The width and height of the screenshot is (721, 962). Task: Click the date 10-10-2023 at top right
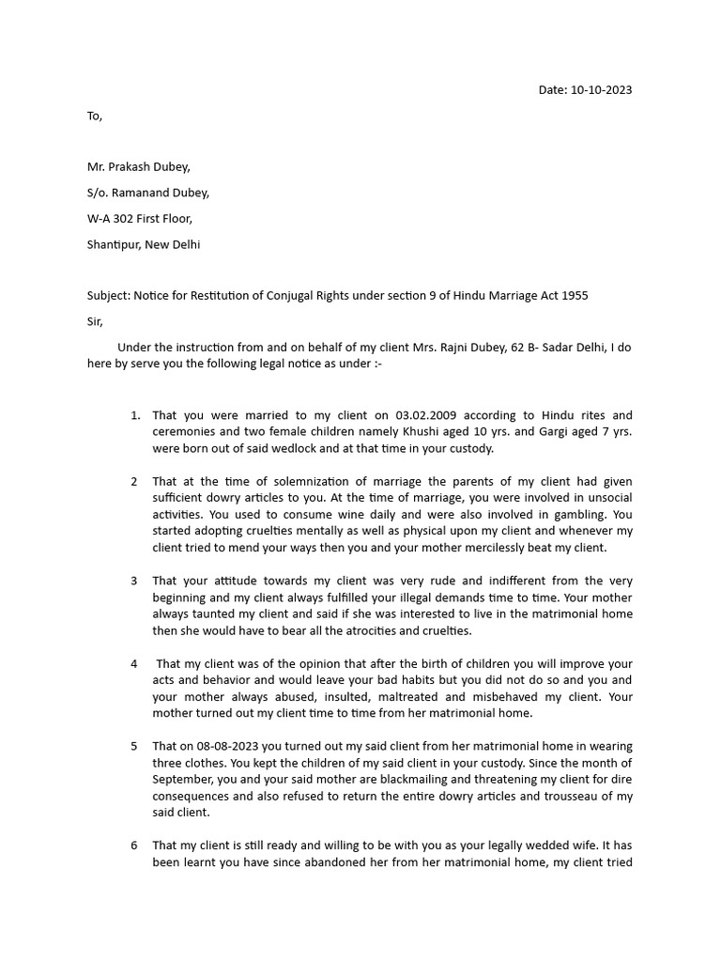(601, 90)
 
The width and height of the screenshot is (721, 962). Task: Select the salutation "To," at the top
(95, 116)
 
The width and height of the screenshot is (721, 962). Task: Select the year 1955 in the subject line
(573, 295)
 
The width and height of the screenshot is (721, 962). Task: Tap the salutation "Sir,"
(95, 321)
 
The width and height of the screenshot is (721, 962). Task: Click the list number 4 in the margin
(134, 664)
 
